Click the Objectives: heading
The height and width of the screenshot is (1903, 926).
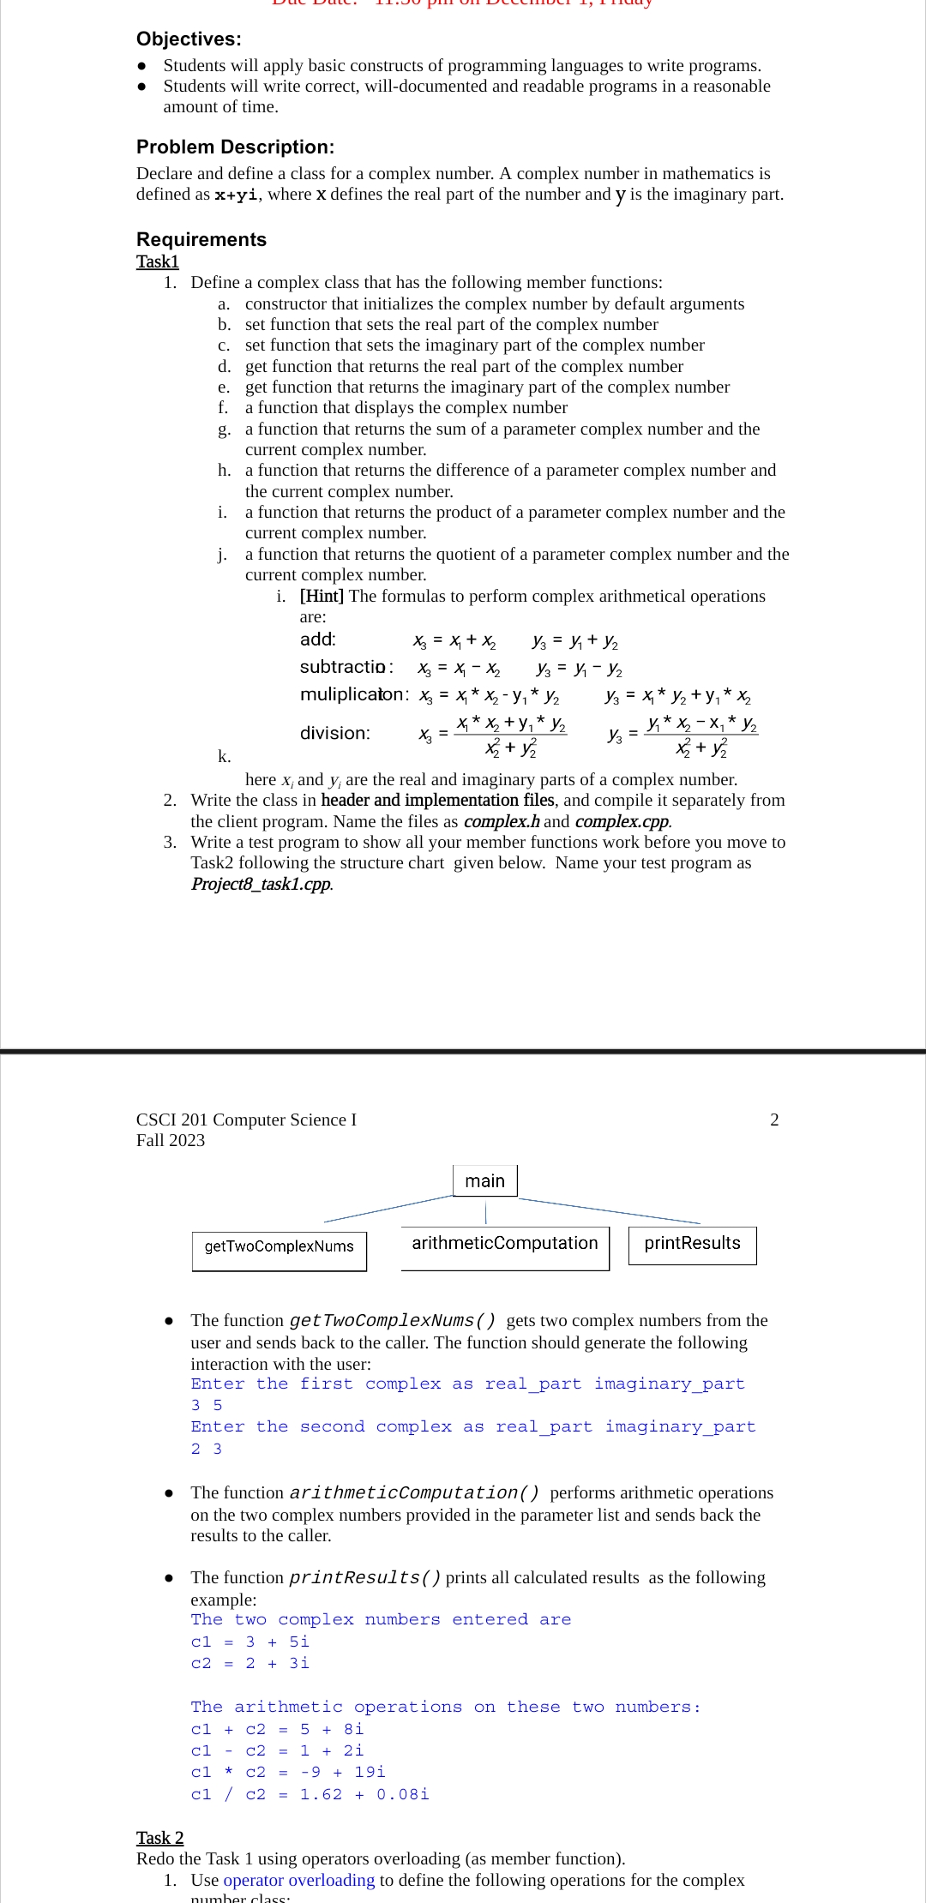(189, 39)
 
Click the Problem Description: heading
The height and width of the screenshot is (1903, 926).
(235, 147)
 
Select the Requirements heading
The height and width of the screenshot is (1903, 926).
(201, 239)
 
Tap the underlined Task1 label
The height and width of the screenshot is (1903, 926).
(158, 261)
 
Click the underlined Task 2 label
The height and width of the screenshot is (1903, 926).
(159, 1838)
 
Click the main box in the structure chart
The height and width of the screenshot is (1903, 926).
(484, 1181)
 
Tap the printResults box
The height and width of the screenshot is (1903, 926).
(692, 1244)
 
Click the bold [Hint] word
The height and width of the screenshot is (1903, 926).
(322, 596)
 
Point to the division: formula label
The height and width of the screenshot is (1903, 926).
(335, 733)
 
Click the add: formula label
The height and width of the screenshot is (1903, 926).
(318, 639)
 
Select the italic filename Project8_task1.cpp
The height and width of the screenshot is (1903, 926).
(262, 884)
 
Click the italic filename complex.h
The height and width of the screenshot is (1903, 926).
(502, 821)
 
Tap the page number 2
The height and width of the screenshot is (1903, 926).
(774, 1120)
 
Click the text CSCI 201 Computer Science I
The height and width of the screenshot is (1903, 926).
(246, 1120)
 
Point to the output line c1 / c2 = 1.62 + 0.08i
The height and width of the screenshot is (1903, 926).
(310, 1794)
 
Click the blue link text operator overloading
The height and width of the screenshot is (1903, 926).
(299, 1880)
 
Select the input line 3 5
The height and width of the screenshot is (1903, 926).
(207, 1405)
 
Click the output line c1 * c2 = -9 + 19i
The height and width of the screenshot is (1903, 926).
(288, 1772)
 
